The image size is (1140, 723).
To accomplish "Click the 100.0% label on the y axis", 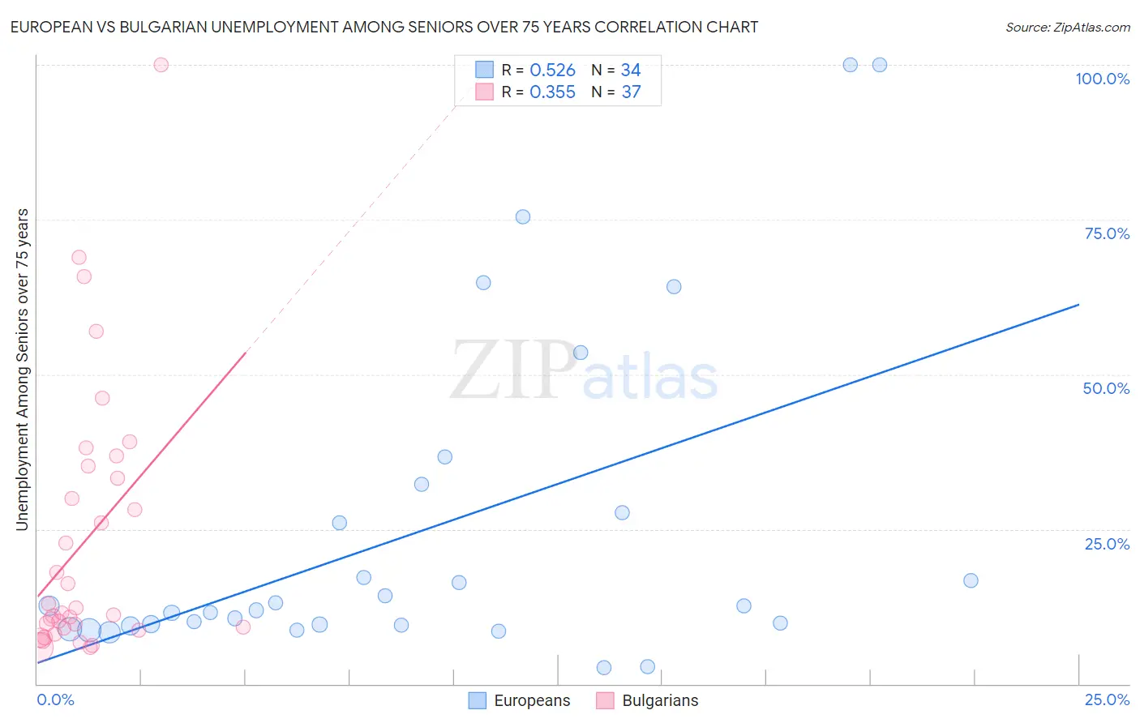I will point(1102,79).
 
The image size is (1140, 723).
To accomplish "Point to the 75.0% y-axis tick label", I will point(1107,233).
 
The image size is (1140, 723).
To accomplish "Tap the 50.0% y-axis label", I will point(1106,388).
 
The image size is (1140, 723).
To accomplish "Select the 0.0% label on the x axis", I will point(55,699).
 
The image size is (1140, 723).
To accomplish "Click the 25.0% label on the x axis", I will point(1107,699).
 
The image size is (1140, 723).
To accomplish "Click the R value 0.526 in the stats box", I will point(552,71).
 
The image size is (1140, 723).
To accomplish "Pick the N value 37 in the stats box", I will point(631,92).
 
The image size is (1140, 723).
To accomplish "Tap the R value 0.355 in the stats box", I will point(552,92).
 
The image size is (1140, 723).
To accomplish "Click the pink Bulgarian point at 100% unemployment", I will point(161,65).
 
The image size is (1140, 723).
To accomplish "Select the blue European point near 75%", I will point(523,216).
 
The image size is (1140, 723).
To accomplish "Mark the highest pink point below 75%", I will point(79,257).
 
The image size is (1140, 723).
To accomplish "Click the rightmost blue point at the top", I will point(880,65).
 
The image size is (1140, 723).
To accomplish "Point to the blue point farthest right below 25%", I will point(971,580).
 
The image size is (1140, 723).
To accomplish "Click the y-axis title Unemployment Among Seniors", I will point(22,369).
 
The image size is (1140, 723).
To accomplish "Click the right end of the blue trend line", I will point(1078,305).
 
